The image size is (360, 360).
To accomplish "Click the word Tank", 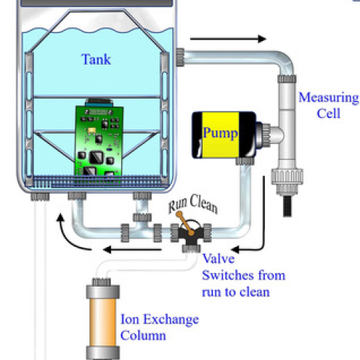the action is (96, 59).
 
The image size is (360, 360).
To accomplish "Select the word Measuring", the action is (328, 98).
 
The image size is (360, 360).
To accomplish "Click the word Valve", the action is (218, 258).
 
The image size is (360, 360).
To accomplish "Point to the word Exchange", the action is (171, 320).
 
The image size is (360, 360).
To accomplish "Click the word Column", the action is (143, 336).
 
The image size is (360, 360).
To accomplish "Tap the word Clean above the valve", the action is (204, 204).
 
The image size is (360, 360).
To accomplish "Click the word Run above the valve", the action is (177, 206).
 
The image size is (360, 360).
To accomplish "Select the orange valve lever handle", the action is (185, 223).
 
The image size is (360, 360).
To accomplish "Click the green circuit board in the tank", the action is (99, 140).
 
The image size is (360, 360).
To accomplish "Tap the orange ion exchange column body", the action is (102, 322).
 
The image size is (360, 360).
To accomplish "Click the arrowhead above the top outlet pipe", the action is (262, 39).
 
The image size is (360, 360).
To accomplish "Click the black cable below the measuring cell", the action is (287, 206).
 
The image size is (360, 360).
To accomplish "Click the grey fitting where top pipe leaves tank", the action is (180, 57).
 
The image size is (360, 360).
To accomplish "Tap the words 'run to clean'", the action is (235, 292).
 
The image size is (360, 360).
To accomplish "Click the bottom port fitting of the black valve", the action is (192, 248).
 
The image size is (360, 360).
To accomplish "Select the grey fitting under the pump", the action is (245, 161).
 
